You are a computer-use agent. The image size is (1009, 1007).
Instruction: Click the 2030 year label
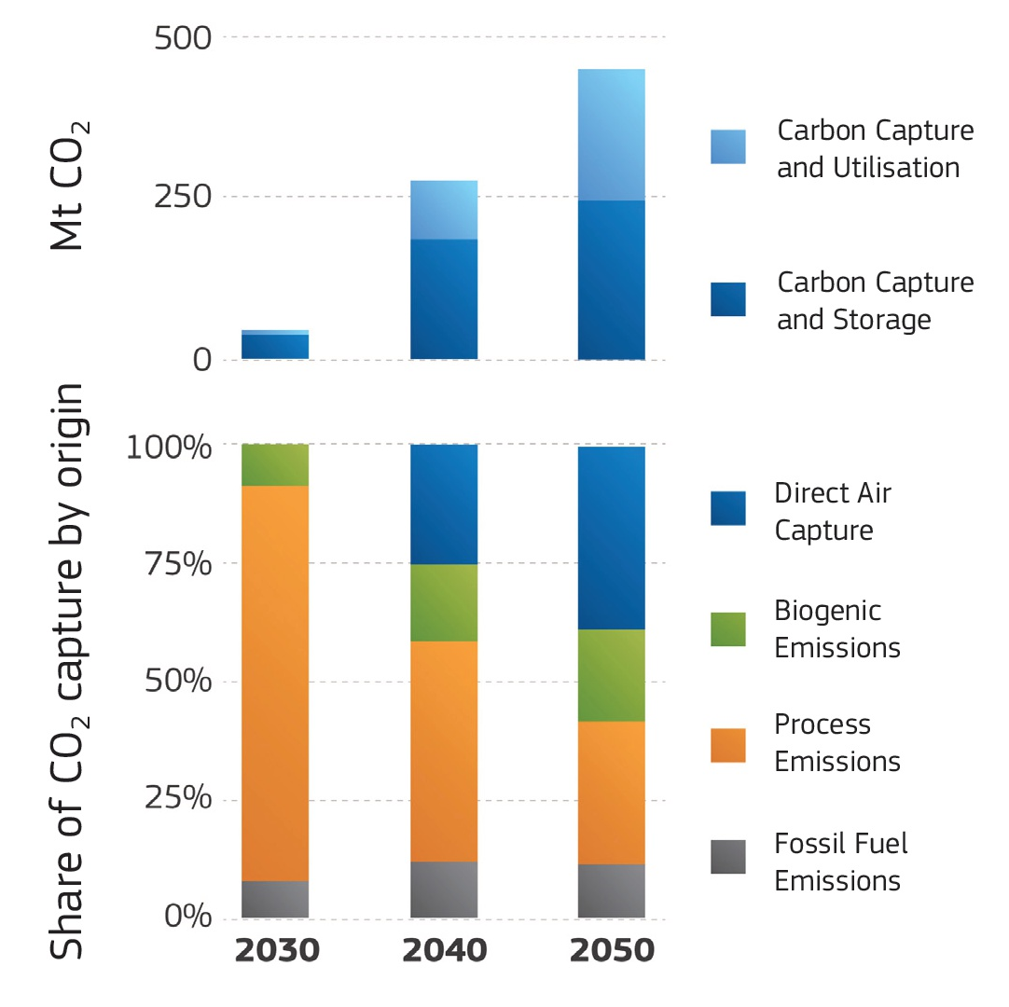[x=275, y=951]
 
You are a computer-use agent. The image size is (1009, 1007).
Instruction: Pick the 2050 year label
[x=612, y=951]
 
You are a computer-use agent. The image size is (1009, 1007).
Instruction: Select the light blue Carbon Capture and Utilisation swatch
[x=727, y=147]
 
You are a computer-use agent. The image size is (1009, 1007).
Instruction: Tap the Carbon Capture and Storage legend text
[x=875, y=300]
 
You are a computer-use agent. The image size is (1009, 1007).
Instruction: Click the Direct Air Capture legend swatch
[x=727, y=508]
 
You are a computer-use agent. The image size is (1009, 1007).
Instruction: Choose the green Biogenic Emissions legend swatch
[x=727, y=629]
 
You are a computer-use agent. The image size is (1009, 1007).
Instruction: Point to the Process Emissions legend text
[x=836, y=743]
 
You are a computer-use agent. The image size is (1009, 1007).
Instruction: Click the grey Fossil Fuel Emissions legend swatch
[x=727, y=857]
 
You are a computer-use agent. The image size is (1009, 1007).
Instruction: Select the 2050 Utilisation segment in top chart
[x=611, y=134]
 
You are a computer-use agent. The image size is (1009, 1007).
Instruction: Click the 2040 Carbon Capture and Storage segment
[x=444, y=298]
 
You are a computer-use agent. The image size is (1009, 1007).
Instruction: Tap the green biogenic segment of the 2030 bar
[x=275, y=464]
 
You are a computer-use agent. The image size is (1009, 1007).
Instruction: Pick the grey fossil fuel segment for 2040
[x=444, y=890]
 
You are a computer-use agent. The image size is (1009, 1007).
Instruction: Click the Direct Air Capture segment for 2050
[x=611, y=538]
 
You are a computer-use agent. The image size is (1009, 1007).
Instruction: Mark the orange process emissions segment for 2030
[x=275, y=683]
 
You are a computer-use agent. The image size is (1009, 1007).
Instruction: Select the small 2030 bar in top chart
[x=275, y=345]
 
